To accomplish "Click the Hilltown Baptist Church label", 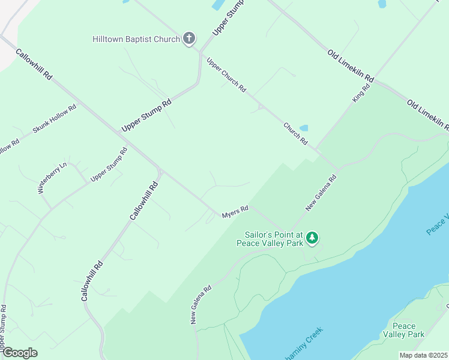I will point(136,40).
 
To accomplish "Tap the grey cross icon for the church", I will point(188,39).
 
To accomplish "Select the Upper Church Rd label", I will point(226,75).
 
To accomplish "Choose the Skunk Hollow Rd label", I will point(55,119).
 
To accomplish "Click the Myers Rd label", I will point(235,212).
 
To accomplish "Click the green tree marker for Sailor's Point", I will point(312,238).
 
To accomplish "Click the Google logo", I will point(19,353).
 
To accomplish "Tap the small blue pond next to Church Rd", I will point(304,128).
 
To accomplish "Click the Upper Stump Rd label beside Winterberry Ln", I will point(109,164).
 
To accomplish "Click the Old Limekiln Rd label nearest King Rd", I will point(351,67).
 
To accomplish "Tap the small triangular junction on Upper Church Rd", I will point(261,107).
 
